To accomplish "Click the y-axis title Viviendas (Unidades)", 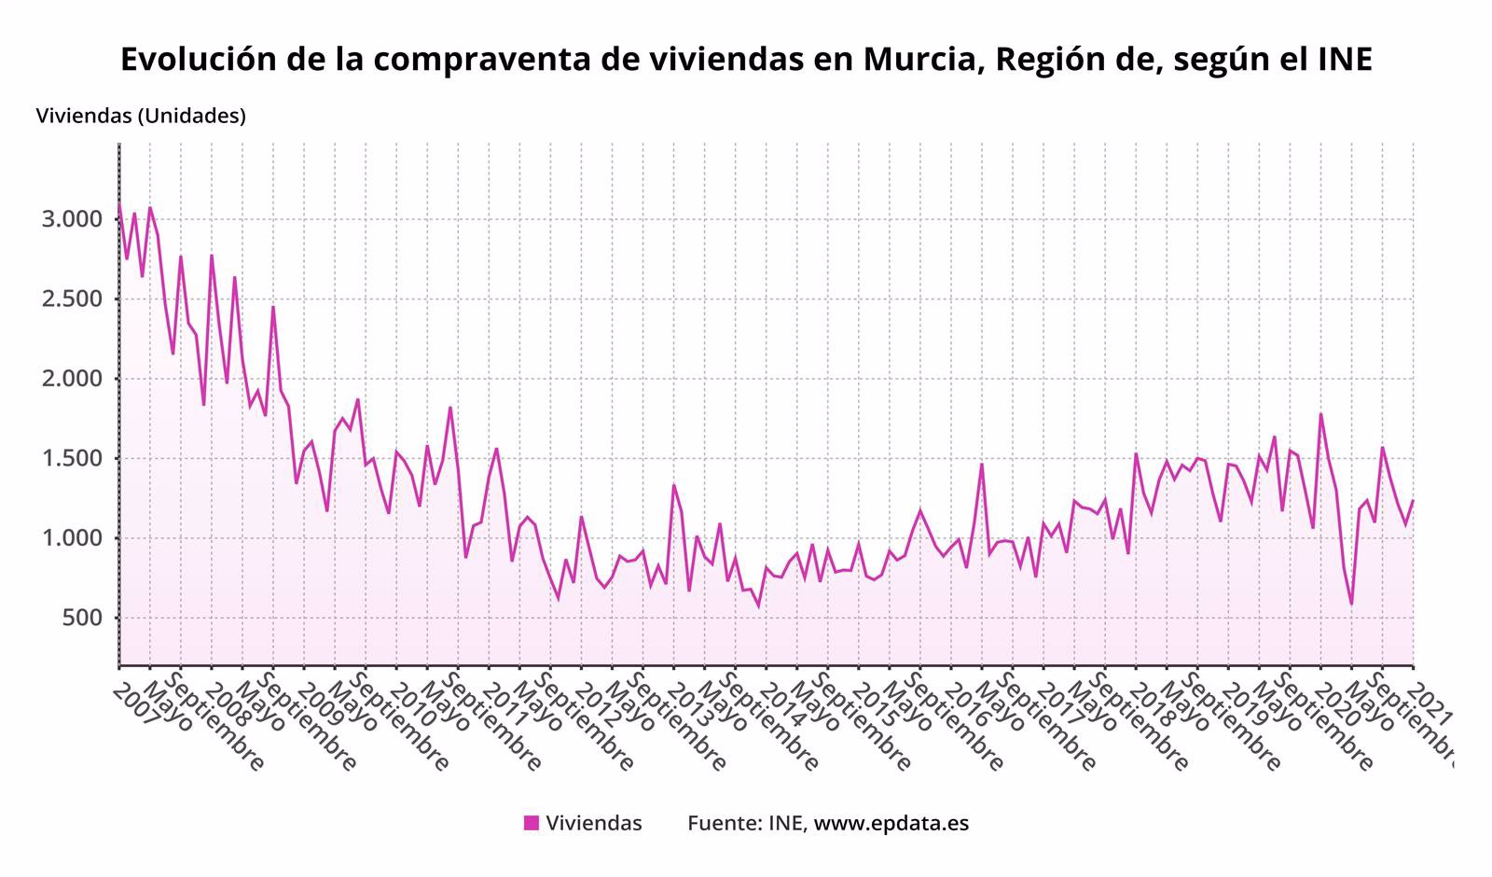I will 141,117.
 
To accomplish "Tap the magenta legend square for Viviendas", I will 532,823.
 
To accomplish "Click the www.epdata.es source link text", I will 891,824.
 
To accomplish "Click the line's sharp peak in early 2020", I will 1320,414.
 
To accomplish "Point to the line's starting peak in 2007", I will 119,203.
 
